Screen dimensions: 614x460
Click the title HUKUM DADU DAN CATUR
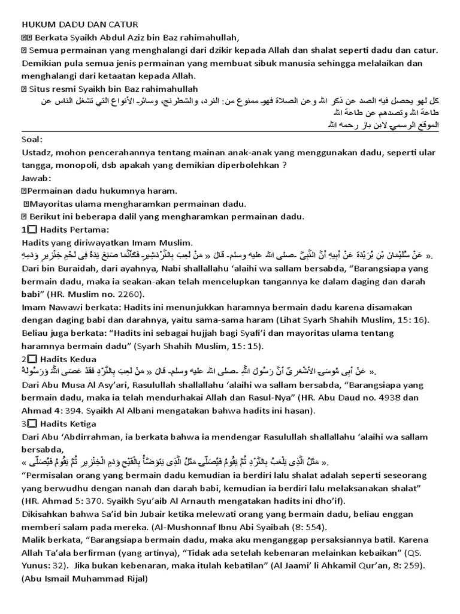point(80,24)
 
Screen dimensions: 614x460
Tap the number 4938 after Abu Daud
point(358,398)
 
